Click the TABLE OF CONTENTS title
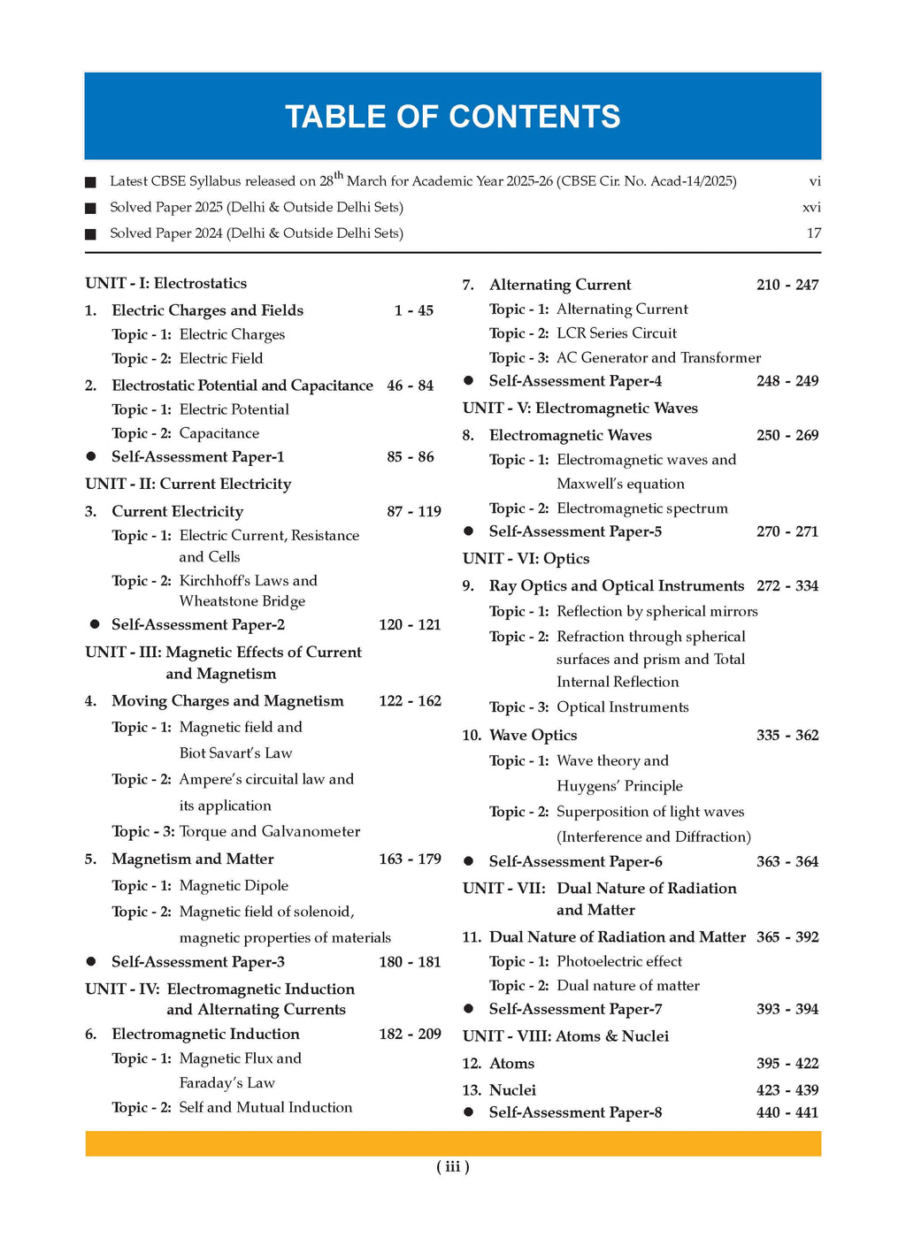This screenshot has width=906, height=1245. [452, 117]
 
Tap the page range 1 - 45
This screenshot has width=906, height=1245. [414, 310]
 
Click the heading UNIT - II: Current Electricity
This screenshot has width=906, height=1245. [188, 484]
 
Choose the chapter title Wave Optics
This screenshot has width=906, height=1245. [533, 735]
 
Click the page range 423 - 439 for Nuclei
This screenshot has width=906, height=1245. [787, 1090]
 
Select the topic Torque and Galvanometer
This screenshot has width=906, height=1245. [269, 831]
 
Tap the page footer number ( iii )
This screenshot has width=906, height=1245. [452, 1166]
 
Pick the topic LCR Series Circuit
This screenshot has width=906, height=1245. [616, 333]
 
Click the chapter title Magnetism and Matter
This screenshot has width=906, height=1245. [192, 859]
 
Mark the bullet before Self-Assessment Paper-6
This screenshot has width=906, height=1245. [469, 862]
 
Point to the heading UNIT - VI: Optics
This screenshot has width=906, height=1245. [526, 559]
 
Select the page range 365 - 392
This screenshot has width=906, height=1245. [787, 937]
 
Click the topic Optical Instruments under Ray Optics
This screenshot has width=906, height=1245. [622, 707]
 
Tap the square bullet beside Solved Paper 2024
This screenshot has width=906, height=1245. [90, 234]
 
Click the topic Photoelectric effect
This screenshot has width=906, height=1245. [619, 961]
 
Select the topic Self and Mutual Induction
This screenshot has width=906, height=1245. [265, 1107]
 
